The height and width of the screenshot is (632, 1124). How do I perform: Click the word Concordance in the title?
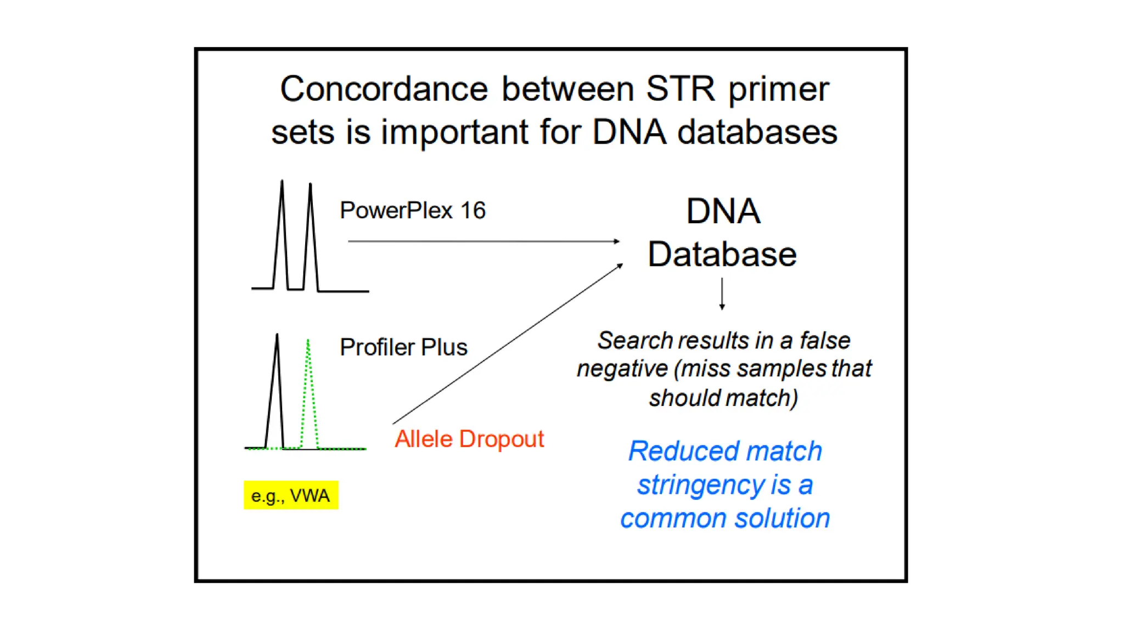[384, 89]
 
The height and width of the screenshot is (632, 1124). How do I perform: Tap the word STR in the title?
[681, 89]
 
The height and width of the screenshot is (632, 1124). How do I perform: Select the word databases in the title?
[757, 132]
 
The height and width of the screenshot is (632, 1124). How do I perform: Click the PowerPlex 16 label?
[413, 211]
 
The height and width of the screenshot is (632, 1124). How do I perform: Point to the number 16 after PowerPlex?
[473, 211]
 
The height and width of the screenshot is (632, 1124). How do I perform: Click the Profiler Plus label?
[403, 347]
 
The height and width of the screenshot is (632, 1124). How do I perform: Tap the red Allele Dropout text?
[469, 439]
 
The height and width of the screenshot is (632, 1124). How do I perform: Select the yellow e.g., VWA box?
[291, 495]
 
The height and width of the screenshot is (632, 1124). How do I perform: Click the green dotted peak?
[309, 395]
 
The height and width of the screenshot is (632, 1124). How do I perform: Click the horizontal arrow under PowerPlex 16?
[483, 241]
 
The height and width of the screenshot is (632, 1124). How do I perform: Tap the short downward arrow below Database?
[722, 294]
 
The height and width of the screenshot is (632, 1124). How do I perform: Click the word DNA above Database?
[723, 212]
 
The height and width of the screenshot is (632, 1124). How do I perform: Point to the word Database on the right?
[722, 255]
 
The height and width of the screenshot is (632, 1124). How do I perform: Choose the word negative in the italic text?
[622, 369]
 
